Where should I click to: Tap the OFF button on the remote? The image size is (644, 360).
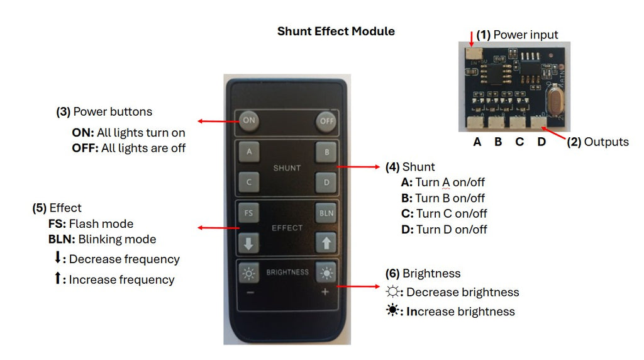click(x=326, y=121)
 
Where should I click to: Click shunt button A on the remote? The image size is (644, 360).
click(x=249, y=152)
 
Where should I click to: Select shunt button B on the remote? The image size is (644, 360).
click(x=326, y=152)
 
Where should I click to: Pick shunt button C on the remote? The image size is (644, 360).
click(x=249, y=183)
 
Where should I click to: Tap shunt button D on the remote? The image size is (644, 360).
click(x=326, y=183)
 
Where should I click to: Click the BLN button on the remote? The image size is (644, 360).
click(x=326, y=213)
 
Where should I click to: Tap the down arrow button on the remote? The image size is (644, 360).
click(x=249, y=242)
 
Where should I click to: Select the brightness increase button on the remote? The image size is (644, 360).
click(x=326, y=273)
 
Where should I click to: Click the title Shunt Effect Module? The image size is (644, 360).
click(x=336, y=31)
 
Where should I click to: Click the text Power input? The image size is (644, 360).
click(x=525, y=35)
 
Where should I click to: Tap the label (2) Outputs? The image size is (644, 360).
click(x=597, y=142)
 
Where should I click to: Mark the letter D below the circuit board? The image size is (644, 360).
click(x=541, y=142)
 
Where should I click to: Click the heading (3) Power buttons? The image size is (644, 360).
click(x=104, y=112)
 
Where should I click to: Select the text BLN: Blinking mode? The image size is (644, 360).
click(x=102, y=239)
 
